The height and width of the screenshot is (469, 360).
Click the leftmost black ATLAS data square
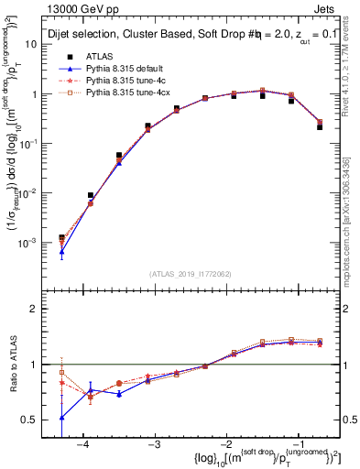61,238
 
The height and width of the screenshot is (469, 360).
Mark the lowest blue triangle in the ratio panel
61,417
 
